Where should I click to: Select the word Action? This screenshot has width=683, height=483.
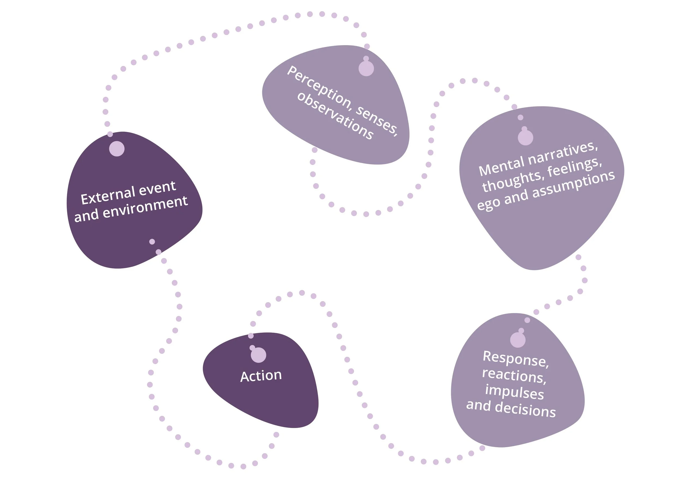pyautogui.click(x=261, y=376)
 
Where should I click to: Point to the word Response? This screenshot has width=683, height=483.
pyautogui.click(x=516, y=359)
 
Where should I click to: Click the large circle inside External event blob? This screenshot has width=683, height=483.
pyautogui.click(x=117, y=148)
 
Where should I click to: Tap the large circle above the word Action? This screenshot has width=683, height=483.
pyautogui.click(x=258, y=355)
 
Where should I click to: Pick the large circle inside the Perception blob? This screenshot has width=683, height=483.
pyautogui.click(x=366, y=68)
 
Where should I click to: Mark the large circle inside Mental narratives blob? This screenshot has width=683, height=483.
pyautogui.click(x=525, y=137)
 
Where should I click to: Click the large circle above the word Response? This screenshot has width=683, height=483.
pyautogui.click(x=518, y=340)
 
